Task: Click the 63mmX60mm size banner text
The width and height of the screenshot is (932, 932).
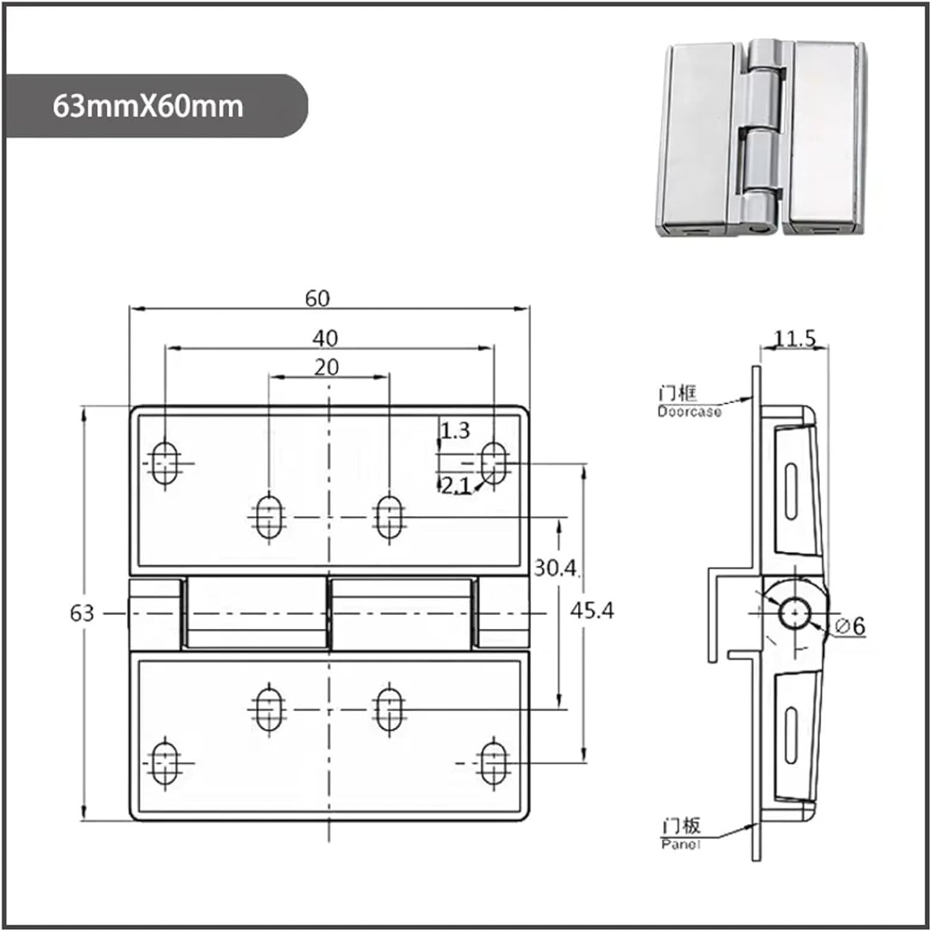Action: [148, 106]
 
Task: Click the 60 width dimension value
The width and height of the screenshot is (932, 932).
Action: [317, 299]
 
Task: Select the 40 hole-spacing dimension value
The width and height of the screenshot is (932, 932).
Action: [324, 339]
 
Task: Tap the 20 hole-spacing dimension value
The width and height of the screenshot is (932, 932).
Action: [326, 368]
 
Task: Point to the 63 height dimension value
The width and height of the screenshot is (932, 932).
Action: [82, 613]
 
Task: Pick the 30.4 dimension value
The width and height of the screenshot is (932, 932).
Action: [555, 568]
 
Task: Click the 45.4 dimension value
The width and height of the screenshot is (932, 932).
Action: [592, 611]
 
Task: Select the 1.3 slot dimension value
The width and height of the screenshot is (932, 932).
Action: [455, 431]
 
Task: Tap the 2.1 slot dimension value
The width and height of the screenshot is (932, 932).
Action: [455, 485]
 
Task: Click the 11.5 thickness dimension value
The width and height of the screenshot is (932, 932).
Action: [794, 339]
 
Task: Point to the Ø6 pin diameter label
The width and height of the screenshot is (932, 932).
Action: [850, 626]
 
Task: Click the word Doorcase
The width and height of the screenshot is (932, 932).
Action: [689, 411]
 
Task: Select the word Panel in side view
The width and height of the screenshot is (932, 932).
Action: [680, 844]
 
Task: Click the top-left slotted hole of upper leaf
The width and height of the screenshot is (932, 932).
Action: [165, 464]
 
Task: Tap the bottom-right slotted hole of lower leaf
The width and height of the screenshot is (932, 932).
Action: [494, 762]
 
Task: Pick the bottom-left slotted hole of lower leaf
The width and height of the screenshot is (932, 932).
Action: [165, 762]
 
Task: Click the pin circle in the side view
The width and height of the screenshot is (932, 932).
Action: [794, 614]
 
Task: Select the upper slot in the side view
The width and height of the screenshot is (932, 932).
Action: [790, 491]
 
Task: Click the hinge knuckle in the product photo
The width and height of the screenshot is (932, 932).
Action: [761, 137]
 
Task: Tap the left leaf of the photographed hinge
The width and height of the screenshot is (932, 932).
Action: [699, 137]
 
